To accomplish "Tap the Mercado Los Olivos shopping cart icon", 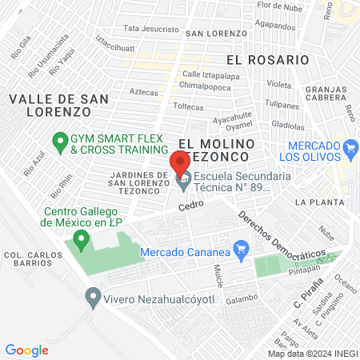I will click(x=350, y=147).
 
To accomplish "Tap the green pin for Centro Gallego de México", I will click(x=80, y=238).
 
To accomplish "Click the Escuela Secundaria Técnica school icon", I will click(x=183, y=183).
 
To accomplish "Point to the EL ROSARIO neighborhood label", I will click(x=266, y=60).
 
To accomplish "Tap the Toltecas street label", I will click(x=189, y=106).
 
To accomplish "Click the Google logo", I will click(x=26, y=350).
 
